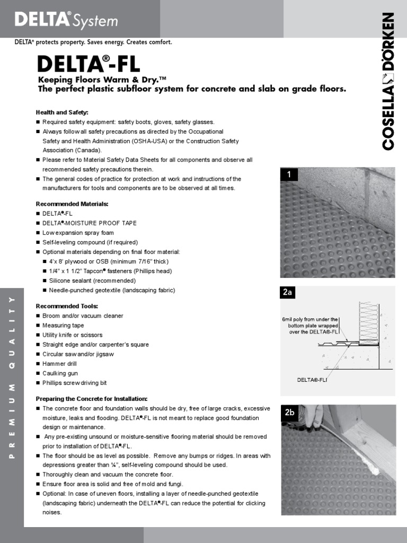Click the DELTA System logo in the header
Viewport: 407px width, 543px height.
[x=66, y=20]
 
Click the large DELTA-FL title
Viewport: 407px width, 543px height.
[x=89, y=64]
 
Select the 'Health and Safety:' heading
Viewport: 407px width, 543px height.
[x=61, y=112]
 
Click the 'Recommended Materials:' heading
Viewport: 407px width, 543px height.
[x=72, y=204]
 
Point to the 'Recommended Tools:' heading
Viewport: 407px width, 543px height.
[x=67, y=306]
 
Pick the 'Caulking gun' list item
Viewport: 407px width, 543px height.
[x=60, y=373]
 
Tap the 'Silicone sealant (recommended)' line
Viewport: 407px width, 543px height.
[x=92, y=281]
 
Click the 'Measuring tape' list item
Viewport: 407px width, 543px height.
[x=63, y=326]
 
